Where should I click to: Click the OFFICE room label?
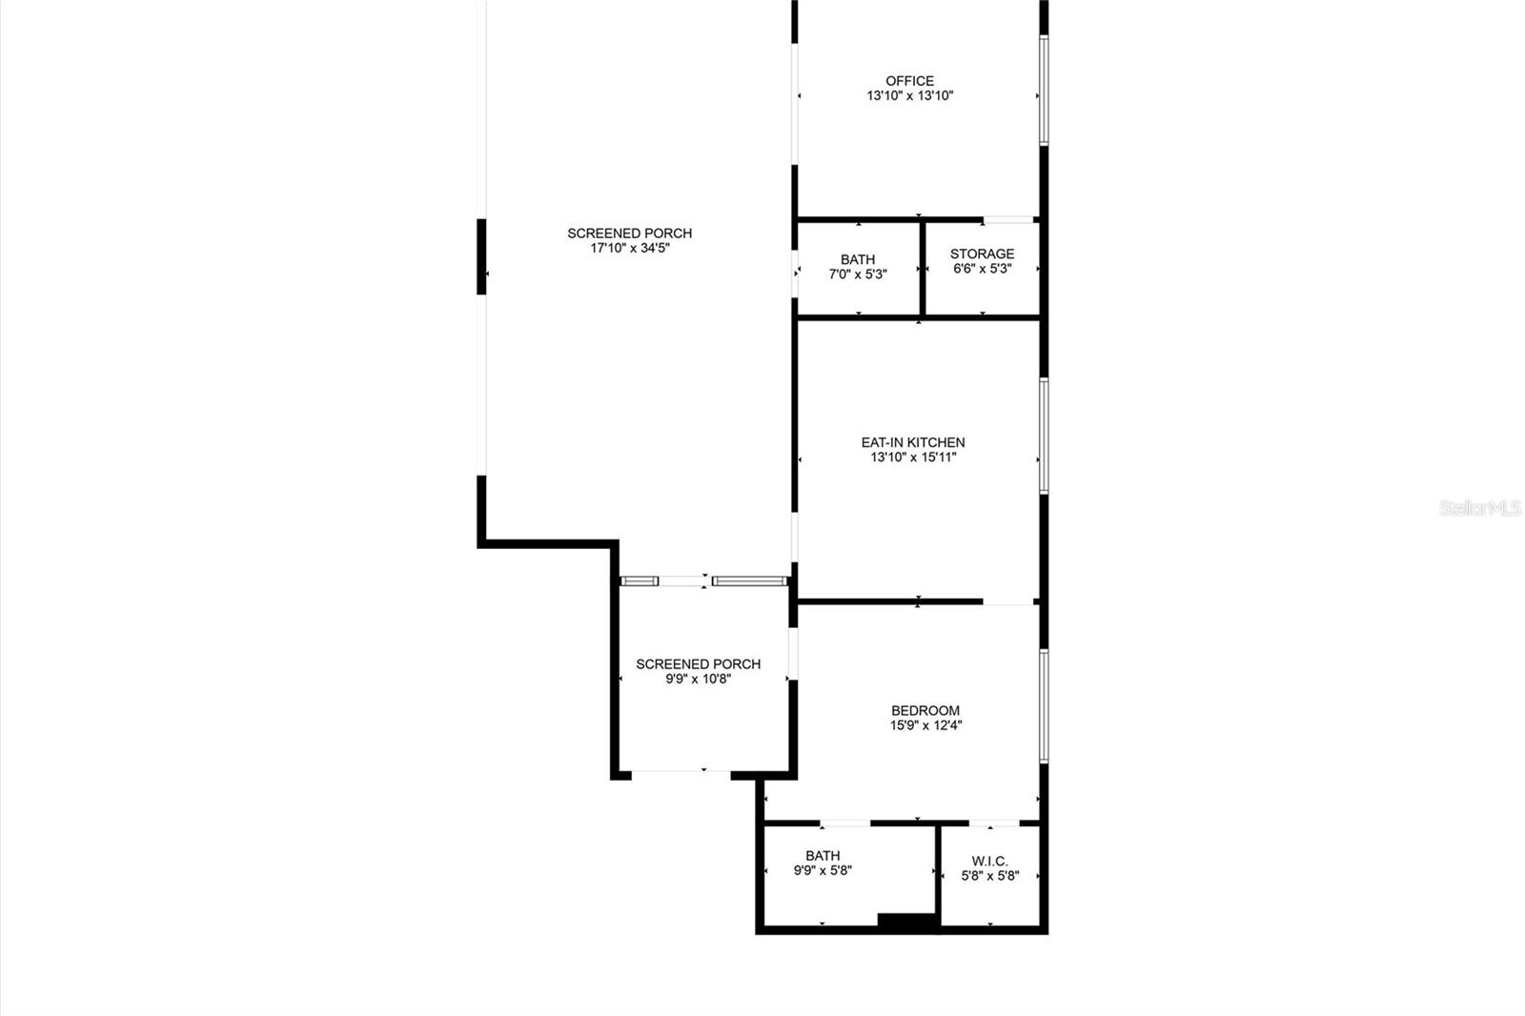(909, 81)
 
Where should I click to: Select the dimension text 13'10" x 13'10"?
(909, 96)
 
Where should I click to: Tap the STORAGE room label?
(982, 254)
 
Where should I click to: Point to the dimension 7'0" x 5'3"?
(858, 274)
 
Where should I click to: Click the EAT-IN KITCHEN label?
(912, 442)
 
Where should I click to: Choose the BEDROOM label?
(925, 710)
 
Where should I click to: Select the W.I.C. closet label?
(989, 861)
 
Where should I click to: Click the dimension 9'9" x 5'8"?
(822, 871)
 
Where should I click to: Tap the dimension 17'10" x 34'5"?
(629, 248)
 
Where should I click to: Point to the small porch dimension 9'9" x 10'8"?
(698, 680)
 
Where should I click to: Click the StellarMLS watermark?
(1479, 509)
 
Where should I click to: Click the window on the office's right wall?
(1044, 91)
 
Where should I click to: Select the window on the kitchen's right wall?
(1044, 436)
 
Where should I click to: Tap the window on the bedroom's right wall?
(1044, 705)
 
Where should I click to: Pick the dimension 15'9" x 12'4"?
(925, 725)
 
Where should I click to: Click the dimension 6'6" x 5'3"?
(982, 269)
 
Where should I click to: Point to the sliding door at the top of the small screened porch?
(703, 580)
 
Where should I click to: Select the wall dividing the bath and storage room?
(923, 269)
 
